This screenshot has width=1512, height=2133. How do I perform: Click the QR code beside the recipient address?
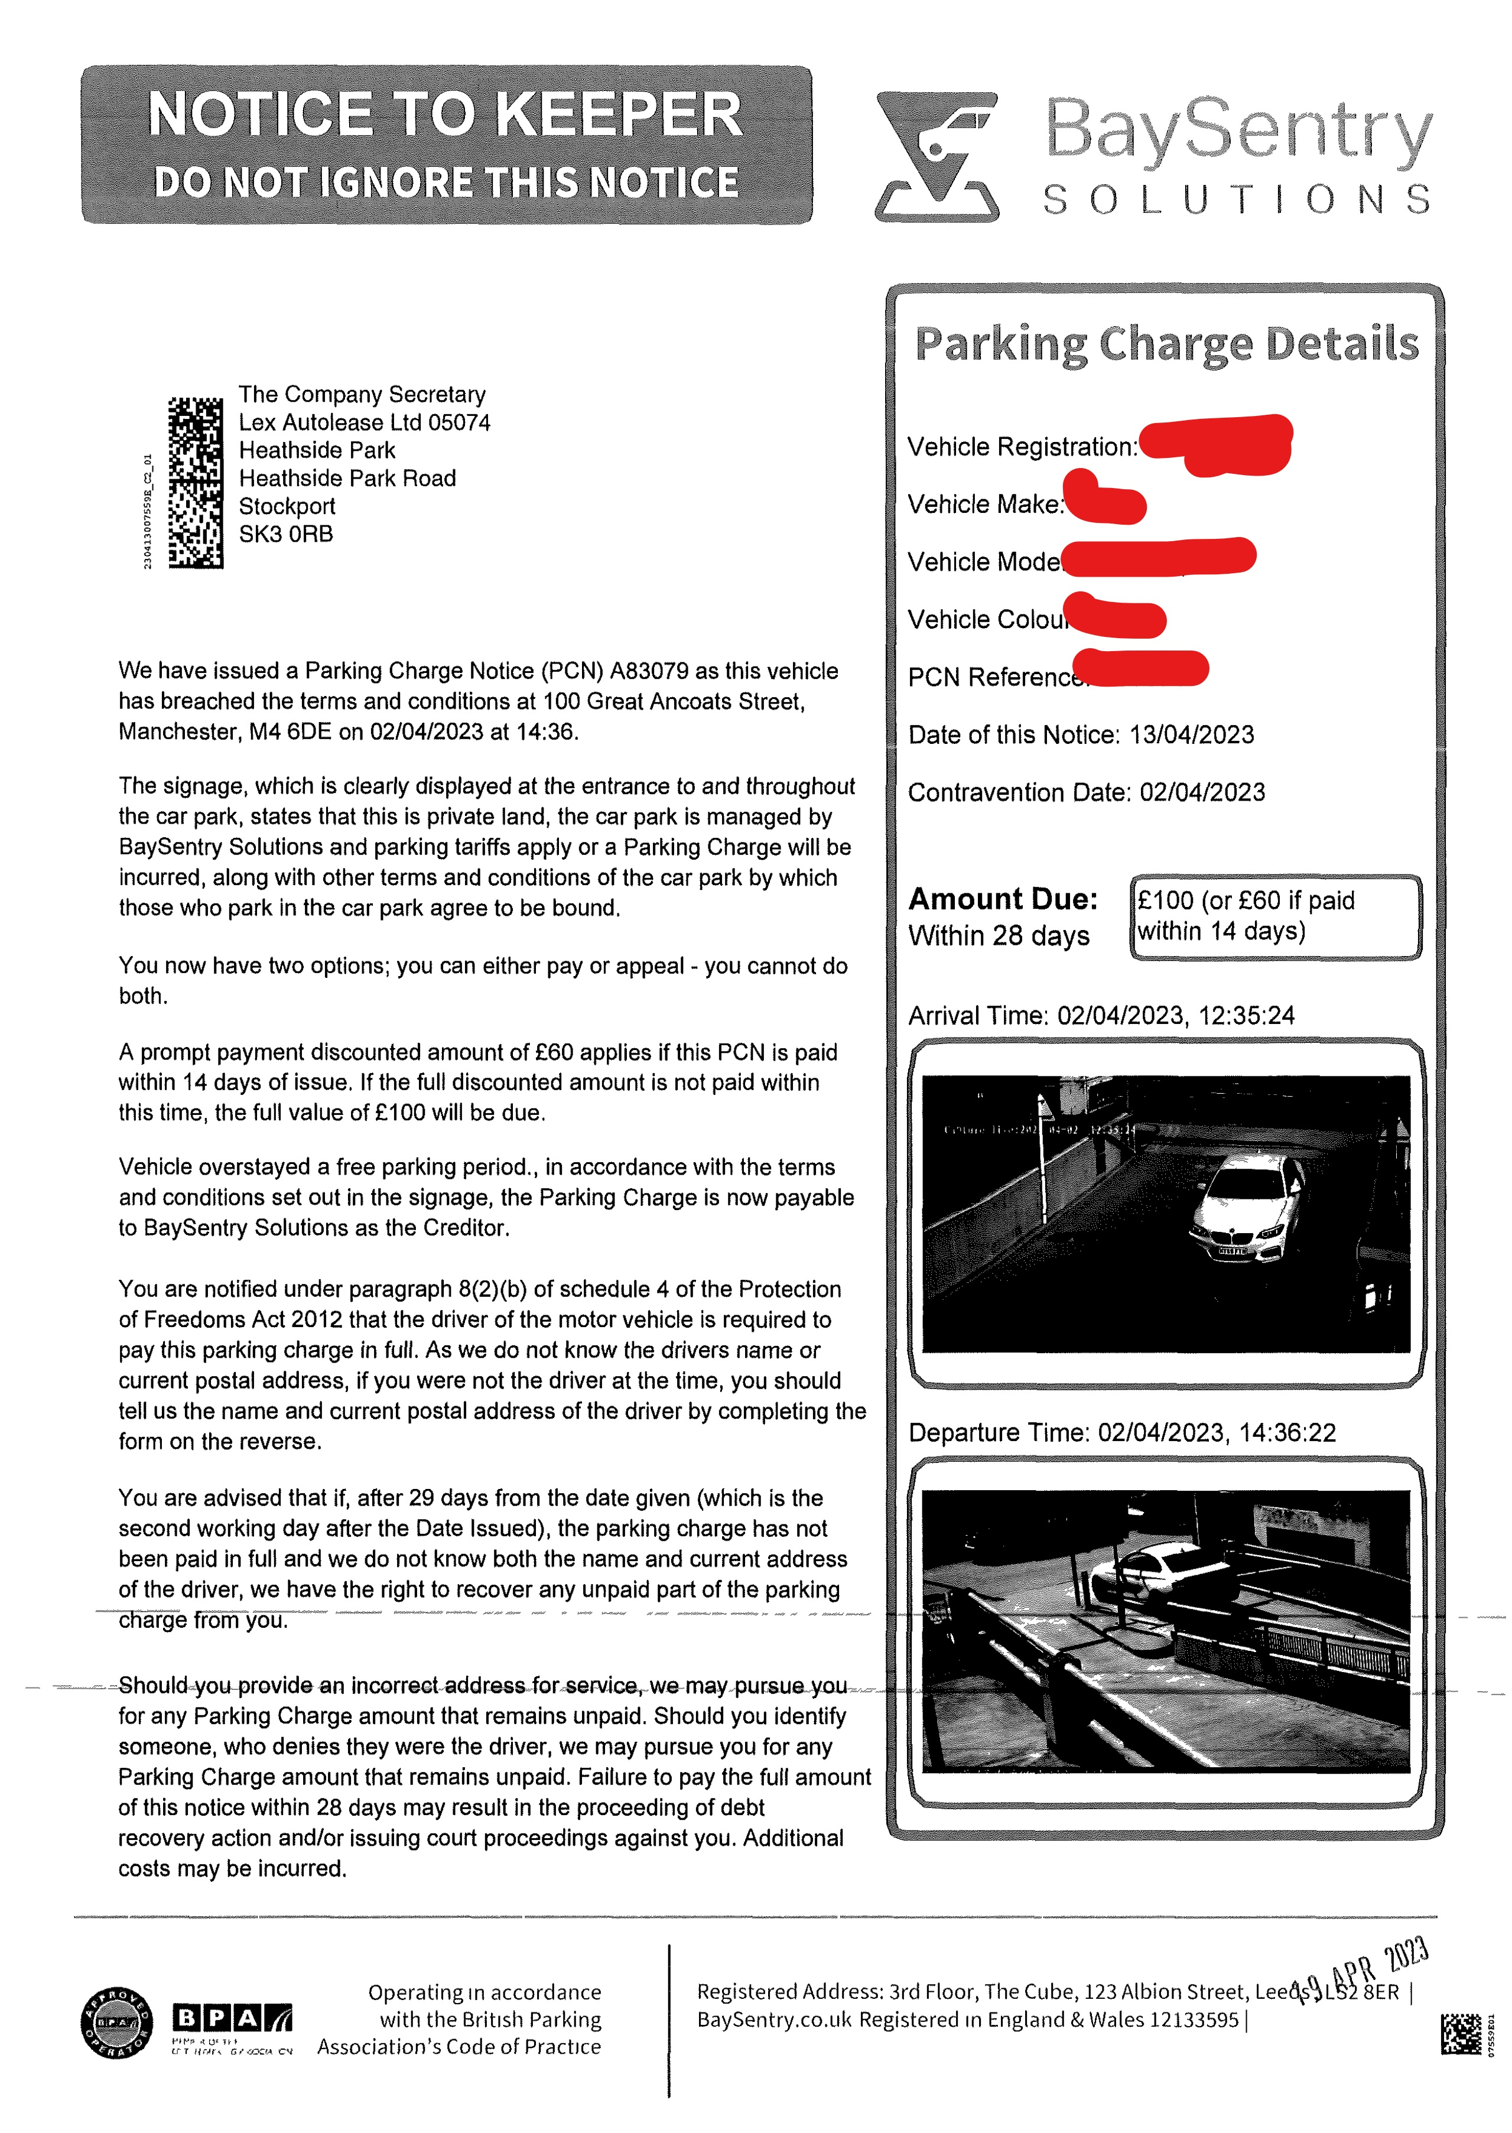pyautogui.click(x=196, y=482)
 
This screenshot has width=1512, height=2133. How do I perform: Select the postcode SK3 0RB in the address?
pyautogui.click(x=286, y=534)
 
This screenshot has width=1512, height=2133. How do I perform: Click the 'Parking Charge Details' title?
pyautogui.click(x=1166, y=343)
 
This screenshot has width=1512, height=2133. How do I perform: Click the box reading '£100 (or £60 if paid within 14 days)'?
pyautogui.click(x=1276, y=916)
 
